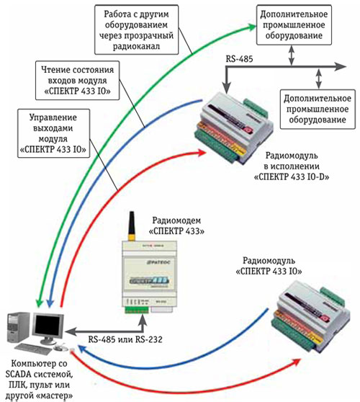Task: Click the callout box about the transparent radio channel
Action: tap(136, 30)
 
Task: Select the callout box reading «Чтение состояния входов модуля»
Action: tap(77, 80)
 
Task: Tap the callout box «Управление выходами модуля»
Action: tap(53, 133)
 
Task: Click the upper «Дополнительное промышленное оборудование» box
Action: tap(294, 25)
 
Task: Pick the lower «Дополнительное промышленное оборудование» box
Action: tap(318, 109)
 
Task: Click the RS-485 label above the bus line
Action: tap(239, 59)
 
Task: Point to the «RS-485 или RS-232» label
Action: tap(125, 339)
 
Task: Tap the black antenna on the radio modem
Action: tap(132, 226)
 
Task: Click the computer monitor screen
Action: tap(48, 326)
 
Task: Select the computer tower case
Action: tap(17, 327)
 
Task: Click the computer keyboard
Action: tap(32, 349)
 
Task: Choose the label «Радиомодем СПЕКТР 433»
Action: tap(176, 225)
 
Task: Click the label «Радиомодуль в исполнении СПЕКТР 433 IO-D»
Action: tap(292, 166)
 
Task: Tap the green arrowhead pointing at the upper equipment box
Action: tap(252, 27)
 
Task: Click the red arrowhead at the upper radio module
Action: tap(202, 153)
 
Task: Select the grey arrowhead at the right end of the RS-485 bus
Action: tap(341, 67)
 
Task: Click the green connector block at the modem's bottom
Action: tap(137, 310)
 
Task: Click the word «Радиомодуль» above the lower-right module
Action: tap(269, 261)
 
